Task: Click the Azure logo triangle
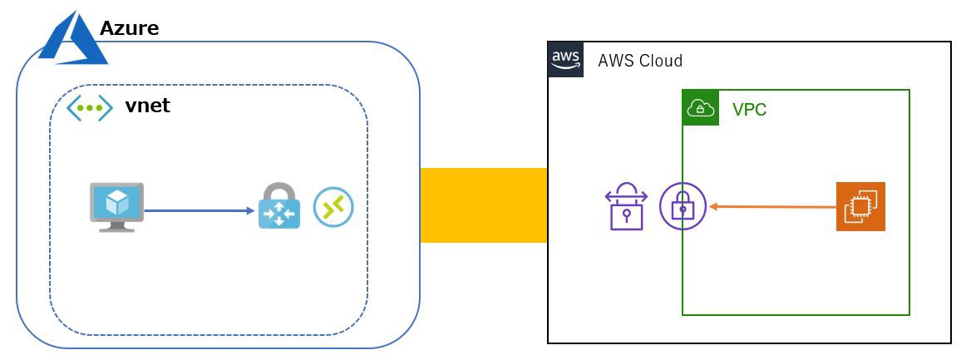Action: pyautogui.click(x=73, y=39)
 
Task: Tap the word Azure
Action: pyautogui.click(x=129, y=28)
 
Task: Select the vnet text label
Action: pyautogui.click(x=147, y=106)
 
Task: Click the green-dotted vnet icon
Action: pyautogui.click(x=89, y=107)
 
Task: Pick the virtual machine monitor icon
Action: pyautogui.click(x=116, y=206)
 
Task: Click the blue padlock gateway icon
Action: pyautogui.click(x=278, y=208)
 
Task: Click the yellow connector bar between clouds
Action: pyautogui.click(x=483, y=205)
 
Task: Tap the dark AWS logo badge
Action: pyautogui.click(x=565, y=60)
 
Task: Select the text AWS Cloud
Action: pyautogui.click(x=640, y=61)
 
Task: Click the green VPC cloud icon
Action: pyautogui.click(x=700, y=108)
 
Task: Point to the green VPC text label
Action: pyautogui.click(x=749, y=110)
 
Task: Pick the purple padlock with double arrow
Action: pyautogui.click(x=626, y=207)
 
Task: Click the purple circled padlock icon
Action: pyautogui.click(x=683, y=206)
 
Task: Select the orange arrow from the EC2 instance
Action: pyautogui.click(x=773, y=206)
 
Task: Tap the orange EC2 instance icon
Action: pyautogui.click(x=860, y=206)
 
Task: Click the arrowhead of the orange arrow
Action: pyautogui.click(x=713, y=205)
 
